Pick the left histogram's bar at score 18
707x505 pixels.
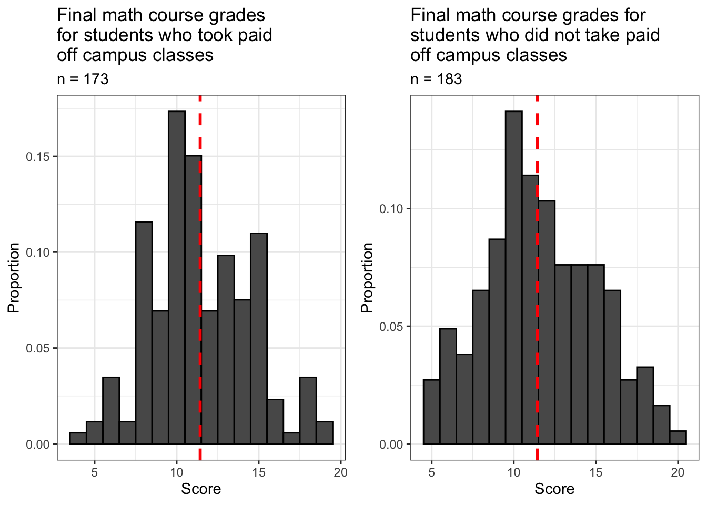[308, 410]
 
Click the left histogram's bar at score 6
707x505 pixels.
[111, 410]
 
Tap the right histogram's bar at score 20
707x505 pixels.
[678, 438]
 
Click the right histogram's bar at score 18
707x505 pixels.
[645, 406]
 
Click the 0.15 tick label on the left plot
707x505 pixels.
[38, 157]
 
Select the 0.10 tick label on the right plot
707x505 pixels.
[391, 209]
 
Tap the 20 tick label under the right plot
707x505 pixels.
[678, 472]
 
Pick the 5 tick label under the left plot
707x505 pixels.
[95, 472]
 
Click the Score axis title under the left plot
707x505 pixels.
[201, 489]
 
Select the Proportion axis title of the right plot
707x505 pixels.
[367, 278]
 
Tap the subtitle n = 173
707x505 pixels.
[83, 79]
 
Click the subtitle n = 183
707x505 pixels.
[436, 79]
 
